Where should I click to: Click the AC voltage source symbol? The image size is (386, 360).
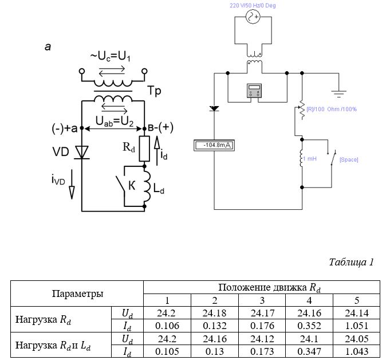tap(253, 17)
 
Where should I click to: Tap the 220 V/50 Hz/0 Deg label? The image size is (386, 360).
tap(253, 5)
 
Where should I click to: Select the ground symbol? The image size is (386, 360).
tap(338, 94)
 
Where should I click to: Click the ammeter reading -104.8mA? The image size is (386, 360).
tap(214, 145)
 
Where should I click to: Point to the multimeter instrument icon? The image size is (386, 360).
tap(254, 91)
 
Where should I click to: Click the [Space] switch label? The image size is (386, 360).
tap(349, 159)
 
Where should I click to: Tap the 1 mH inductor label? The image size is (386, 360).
tap(310, 158)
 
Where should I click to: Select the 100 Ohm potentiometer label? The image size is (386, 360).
tap(332, 109)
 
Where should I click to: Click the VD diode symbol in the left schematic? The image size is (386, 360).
tap(82, 152)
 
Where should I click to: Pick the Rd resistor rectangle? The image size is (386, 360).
tap(144, 148)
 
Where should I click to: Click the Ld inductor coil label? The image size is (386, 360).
tap(159, 189)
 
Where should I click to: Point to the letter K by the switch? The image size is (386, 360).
tap(132, 185)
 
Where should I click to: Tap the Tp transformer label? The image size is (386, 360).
tap(154, 91)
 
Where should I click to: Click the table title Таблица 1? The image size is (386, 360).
tap(351, 262)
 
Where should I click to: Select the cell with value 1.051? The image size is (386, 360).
tap(356, 326)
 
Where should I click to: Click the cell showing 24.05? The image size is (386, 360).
tap(356, 339)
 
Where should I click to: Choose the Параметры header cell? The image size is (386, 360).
tap(77, 294)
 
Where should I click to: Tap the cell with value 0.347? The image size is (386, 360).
tap(309, 351)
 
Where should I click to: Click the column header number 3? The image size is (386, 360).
tap(262, 300)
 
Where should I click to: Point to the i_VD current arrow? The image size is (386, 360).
tap(72, 185)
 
